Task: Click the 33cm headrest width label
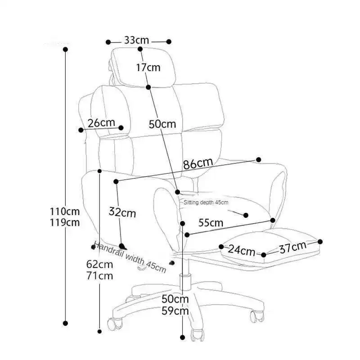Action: (x=137, y=40)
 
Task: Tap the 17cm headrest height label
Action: (x=148, y=68)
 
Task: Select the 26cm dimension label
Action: (x=101, y=123)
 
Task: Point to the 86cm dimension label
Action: (x=198, y=164)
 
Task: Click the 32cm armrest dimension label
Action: (x=122, y=212)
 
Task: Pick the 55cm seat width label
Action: (x=211, y=222)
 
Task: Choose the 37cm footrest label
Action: (x=292, y=247)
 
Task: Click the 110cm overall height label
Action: (x=65, y=211)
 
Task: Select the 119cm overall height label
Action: (x=65, y=222)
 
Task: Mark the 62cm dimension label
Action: (x=99, y=265)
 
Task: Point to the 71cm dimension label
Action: (x=99, y=276)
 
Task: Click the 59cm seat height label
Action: (x=175, y=310)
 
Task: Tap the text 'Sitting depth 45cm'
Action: (x=206, y=203)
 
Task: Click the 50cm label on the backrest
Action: (x=162, y=124)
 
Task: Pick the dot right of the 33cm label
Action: (x=169, y=42)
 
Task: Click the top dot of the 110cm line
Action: (x=65, y=49)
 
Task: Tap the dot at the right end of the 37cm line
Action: (x=320, y=242)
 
